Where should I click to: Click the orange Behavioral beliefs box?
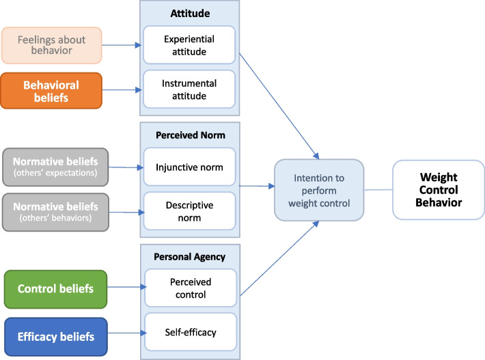tap(51, 91)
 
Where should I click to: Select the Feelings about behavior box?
tap(52, 45)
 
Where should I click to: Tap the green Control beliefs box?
tap(56, 289)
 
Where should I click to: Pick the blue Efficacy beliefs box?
tap(56, 337)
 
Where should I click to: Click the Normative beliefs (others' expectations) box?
tap(55, 167)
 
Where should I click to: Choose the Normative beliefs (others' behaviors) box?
tap(56, 212)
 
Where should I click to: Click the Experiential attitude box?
tap(189, 45)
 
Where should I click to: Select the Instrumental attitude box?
tap(189, 89)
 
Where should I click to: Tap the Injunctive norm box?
tap(190, 167)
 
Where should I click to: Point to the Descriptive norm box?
tap(190, 211)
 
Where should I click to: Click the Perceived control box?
tap(191, 288)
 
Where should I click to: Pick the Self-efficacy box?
tap(191, 332)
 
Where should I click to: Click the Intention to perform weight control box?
tap(319, 190)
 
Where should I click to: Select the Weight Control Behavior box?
tap(439, 190)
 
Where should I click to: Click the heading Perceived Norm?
tap(191, 135)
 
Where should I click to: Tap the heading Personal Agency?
tap(190, 257)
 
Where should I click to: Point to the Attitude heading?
tap(190, 13)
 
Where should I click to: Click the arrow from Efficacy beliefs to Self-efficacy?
tap(127, 333)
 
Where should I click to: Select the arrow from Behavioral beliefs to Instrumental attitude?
tap(122, 90)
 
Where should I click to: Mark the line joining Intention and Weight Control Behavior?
tap(378, 190)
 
